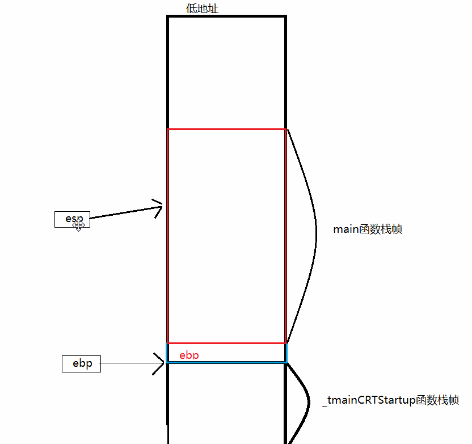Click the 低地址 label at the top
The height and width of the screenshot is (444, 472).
(202, 9)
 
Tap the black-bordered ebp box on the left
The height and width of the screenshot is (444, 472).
(81, 364)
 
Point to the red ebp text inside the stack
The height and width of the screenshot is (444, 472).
(189, 355)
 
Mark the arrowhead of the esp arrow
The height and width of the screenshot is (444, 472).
(159, 207)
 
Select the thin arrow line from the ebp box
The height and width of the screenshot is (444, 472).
(128, 363)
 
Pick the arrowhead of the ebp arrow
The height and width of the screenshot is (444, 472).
(159, 363)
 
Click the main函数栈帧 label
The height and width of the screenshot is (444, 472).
(368, 229)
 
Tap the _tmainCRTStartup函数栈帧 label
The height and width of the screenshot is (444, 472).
(391, 400)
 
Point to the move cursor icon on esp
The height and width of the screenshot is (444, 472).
(78, 225)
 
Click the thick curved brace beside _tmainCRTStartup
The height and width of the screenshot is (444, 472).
(307, 402)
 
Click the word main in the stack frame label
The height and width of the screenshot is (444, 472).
(346, 229)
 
